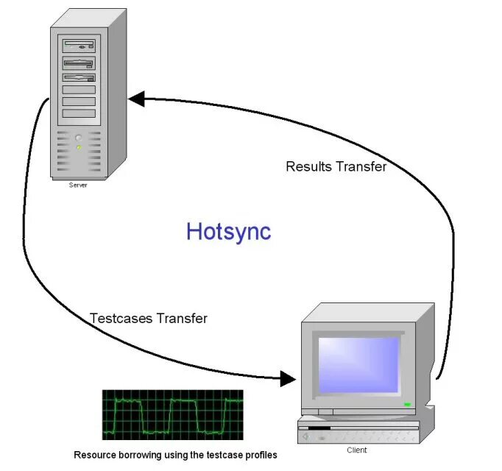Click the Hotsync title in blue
point(228,231)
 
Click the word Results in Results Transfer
point(309,167)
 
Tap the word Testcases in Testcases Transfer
point(120,319)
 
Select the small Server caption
point(78,185)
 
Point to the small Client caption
point(357,450)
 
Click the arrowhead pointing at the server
point(136,98)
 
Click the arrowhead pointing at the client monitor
point(288,379)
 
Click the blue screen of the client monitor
point(358,365)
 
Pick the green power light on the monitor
point(407,404)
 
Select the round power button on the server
point(78,137)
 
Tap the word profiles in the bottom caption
point(261,456)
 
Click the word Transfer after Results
point(361,167)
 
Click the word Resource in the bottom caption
point(94,456)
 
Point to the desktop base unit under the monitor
point(361,431)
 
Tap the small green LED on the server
point(78,147)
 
